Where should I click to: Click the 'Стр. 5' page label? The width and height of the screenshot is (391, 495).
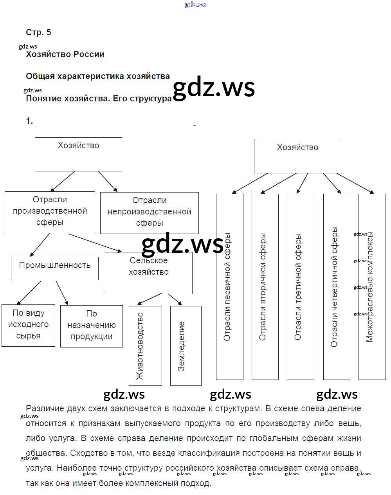pos(38,32)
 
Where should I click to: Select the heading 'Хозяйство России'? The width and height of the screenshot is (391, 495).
pos(65,54)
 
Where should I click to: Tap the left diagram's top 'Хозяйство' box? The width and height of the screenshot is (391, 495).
pos(78,154)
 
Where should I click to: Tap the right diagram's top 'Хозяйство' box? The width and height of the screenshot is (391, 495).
pos(297,156)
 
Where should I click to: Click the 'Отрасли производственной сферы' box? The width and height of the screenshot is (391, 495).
pos(50,212)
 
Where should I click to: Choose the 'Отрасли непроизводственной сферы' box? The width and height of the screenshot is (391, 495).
pos(149,212)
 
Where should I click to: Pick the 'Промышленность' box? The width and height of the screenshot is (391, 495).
pos(55,268)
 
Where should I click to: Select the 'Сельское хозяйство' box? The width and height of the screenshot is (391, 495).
pos(148,273)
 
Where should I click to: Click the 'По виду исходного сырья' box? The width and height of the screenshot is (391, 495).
pos(28,325)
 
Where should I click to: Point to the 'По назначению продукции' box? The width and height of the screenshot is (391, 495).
pos(91,326)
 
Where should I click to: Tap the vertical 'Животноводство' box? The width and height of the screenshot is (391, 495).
pos(145,346)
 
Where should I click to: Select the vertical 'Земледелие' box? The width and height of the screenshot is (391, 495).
pos(186,346)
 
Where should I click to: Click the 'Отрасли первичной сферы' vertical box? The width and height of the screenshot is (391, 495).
pos(229,287)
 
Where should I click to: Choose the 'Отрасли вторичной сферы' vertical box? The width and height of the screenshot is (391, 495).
pos(265,287)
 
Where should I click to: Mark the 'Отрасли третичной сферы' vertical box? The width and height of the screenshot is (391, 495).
pos(300,287)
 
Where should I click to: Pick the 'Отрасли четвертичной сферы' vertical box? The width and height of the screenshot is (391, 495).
pos(336,287)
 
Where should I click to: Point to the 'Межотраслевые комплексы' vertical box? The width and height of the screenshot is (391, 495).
pos(372,287)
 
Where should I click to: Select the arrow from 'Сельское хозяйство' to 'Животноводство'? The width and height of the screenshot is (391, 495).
pos(150,299)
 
